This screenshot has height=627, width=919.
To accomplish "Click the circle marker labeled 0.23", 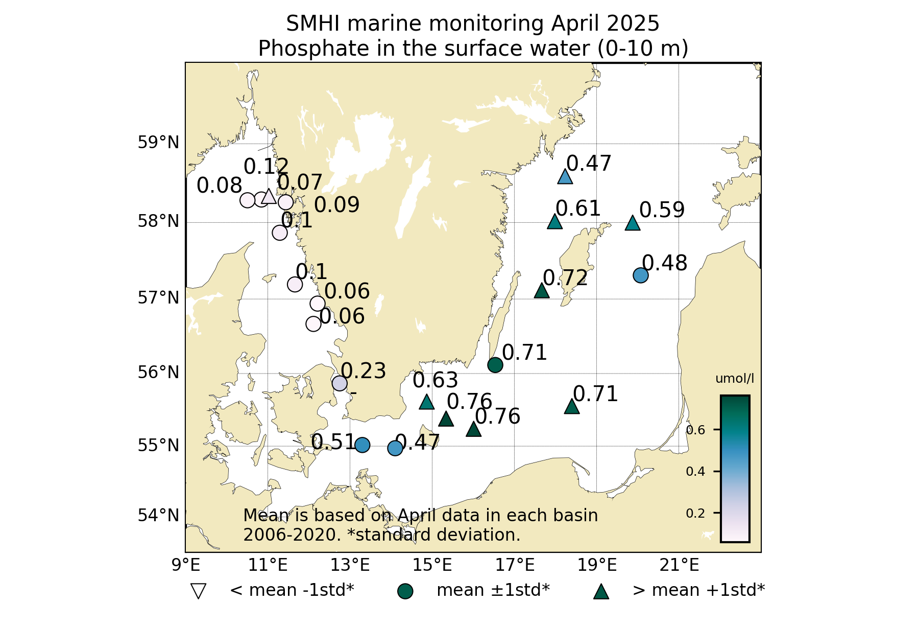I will [340, 383].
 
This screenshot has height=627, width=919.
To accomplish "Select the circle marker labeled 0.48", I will [640, 275].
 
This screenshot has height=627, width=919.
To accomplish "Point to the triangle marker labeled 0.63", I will [427, 403].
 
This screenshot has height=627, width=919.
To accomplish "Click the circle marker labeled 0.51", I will [362, 445].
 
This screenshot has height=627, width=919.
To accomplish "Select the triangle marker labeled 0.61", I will [555, 222].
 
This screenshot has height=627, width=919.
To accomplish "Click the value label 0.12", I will [266, 167].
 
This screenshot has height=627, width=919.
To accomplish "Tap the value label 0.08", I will [219, 186].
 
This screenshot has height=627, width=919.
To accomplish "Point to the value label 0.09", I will [336, 205].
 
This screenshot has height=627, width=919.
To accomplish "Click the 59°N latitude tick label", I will [159, 143].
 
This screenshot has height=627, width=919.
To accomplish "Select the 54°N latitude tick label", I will [159, 515].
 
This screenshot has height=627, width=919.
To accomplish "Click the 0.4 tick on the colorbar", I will [695, 471].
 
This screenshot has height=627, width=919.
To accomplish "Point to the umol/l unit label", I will [735, 379].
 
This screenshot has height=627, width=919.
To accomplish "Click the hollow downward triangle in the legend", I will [198, 591].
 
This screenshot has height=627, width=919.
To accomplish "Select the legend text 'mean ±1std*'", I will [493, 590].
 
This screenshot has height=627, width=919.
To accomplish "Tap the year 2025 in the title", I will [634, 24].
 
